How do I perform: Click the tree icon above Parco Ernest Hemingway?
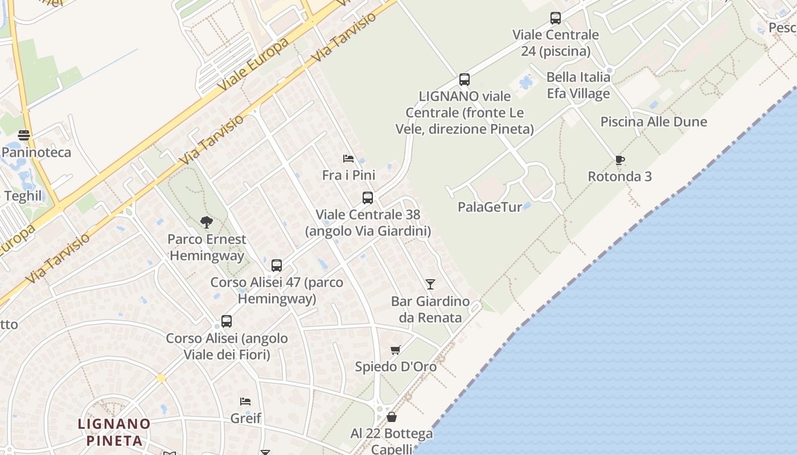coord(207,222)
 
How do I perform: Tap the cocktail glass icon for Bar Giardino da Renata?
coord(430,284)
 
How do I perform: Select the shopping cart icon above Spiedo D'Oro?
coord(396,350)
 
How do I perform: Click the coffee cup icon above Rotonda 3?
coord(620,160)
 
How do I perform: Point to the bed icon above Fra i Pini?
coord(348,158)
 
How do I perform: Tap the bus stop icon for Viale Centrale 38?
coord(368,198)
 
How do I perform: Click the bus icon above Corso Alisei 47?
coord(277,265)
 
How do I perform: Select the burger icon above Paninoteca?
coord(24,135)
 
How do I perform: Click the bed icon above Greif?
coord(245,402)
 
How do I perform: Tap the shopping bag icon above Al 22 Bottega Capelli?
coord(392,417)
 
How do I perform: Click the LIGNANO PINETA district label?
coord(114,432)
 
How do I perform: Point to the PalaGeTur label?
coord(490,207)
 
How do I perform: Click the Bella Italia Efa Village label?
coord(578,85)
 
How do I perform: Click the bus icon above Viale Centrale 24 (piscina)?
coord(556,18)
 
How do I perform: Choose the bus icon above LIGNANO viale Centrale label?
coord(465,80)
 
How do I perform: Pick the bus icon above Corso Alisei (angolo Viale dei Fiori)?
coord(227,321)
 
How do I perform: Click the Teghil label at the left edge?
coord(23,196)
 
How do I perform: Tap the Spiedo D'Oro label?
coord(396,367)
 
